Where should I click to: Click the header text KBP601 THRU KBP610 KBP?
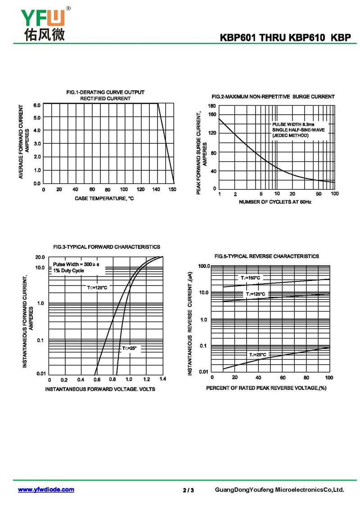click(x=285, y=38)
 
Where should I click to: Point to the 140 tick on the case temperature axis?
click(x=156, y=190)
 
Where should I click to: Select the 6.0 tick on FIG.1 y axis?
click(x=37, y=105)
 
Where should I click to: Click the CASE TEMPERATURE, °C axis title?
click(x=104, y=199)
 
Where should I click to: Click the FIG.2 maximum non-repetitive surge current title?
click(x=273, y=97)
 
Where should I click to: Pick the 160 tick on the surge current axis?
click(x=212, y=114)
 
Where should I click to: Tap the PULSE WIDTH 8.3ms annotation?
click(x=293, y=124)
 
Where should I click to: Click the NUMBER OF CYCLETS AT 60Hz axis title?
click(x=275, y=202)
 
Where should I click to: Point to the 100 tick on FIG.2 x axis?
click(x=334, y=194)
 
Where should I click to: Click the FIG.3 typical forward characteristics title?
click(x=107, y=247)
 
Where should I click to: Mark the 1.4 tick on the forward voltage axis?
click(x=162, y=379)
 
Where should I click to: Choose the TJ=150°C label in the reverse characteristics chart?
click(x=250, y=278)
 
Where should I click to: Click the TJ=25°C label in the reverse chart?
click(x=257, y=355)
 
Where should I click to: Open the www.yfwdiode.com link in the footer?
click(x=46, y=490)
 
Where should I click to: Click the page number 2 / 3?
click(x=188, y=490)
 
